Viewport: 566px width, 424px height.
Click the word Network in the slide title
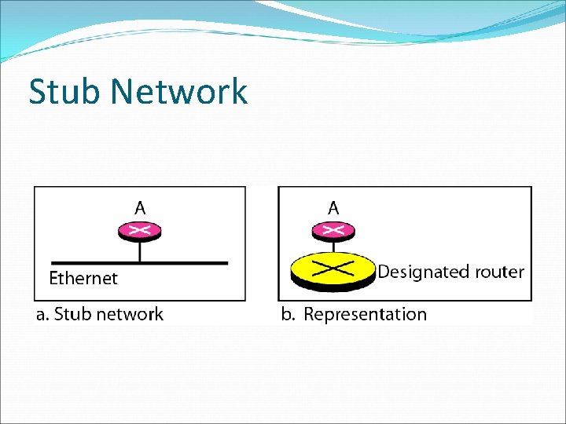pyautogui.click(x=179, y=92)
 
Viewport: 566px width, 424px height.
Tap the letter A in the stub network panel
pyautogui.click(x=140, y=208)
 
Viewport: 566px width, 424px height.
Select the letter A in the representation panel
pyautogui.click(x=333, y=208)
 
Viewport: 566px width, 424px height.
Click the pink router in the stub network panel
pyautogui.click(x=140, y=231)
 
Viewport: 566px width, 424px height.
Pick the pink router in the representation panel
pyautogui.click(x=333, y=231)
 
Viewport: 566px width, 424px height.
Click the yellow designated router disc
pyautogui.click(x=333, y=270)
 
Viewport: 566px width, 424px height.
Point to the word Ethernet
pyautogui.click(x=83, y=278)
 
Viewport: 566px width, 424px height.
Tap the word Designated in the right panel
pyautogui.click(x=423, y=272)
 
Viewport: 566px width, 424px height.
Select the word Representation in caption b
pyautogui.click(x=365, y=315)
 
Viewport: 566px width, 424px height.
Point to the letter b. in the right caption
pyautogui.click(x=288, y=315)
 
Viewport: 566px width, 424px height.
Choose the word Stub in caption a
pyautogui.click(x=72, y=315)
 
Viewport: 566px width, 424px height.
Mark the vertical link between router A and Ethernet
pyautogui.click(x=140, y=250)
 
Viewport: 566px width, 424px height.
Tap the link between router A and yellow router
pyautogui.click(x=333, y=247)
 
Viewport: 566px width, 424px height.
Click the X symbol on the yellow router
pyautogui.click(x=333, y=268)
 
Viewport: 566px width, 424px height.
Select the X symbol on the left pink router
pyautogui.click(x=140, y=230)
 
